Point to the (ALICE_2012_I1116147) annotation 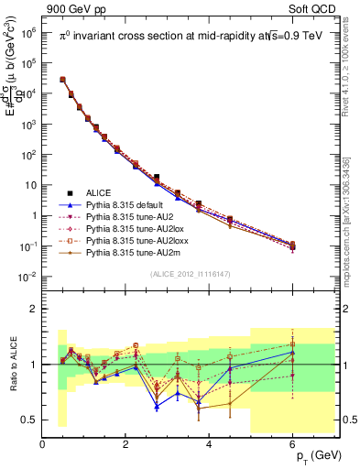[191, 275]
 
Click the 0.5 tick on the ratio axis [27, 420]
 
